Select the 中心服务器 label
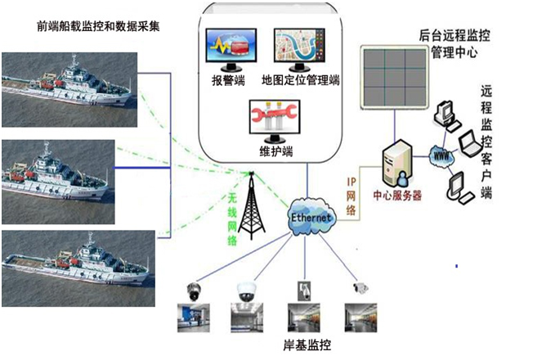pos(397,196)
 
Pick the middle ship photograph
pos(56,173)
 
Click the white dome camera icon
pos(245,290)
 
